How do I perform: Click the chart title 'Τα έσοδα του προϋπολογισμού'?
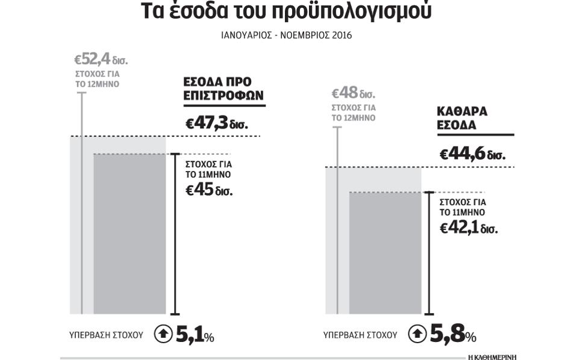(x=286, y=10)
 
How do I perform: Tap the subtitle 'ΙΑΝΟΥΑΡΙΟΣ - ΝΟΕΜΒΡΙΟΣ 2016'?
(x=286, y=36)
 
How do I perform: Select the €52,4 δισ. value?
(x=101, y=59)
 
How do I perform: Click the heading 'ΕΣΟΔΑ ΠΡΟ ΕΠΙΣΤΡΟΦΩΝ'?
(x=223, y=88)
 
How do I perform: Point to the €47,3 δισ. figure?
(x=217, y=123)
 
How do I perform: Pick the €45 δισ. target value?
(x=208, y=190)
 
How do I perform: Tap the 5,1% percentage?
(x=195, y=335)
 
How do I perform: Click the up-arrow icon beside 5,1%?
(x=163, y=334)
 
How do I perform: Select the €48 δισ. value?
(x=354, y=93)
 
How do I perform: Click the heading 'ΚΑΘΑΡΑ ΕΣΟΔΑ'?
(x=462, y=118)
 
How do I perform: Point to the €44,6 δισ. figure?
(x=472, y=154)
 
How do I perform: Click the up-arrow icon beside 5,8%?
(x=417, y=334)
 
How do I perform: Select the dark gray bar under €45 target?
(x=129, y=234)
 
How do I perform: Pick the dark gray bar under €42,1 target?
(x=385, y=253)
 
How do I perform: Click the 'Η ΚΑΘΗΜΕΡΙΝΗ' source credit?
(x=492, y=357)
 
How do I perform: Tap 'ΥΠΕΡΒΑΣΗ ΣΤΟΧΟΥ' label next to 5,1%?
(x=106, y=335)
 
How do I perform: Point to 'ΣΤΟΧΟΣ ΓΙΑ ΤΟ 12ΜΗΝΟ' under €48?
(x=354, y=113)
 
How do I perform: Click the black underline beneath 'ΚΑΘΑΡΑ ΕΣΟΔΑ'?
(x=475, y=135)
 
